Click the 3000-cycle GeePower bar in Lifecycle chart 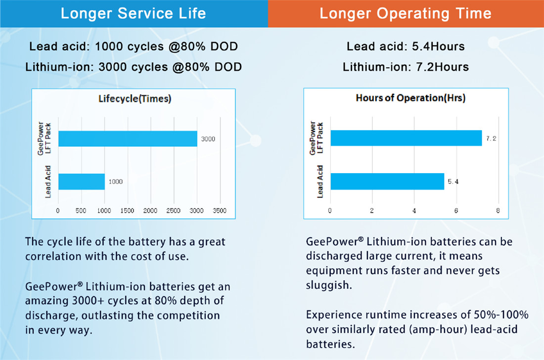click(x=128, y=139)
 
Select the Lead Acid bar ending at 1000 click(x=81, y=181)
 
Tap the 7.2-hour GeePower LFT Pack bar click(x=406, y=138)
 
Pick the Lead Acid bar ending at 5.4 click(x=387, y=181)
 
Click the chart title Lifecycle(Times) click(x=135, y=99)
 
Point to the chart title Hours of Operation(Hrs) click(x=410, y=98)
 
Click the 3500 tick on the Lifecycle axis click(x=219, y=211)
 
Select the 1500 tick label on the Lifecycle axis click(x=127, y=211)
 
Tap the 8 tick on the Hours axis click(x=498, y=211)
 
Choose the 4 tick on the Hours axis click(x=414, y=211)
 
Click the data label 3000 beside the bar click(x=208, y=139)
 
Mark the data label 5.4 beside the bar click(x=453, y=182)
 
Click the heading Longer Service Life click(x=133, y=13)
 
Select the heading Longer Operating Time click(x=406, y=13)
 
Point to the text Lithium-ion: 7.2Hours click(x=406, y=66)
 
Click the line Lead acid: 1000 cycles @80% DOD click(x=134, y=47)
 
